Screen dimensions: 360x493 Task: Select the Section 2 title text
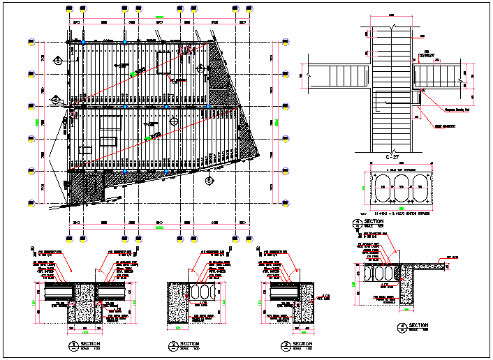[x=189, y=345]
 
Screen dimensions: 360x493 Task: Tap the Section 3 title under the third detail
[x=302, y=345]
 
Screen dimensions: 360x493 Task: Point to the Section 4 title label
[x=418, y=326]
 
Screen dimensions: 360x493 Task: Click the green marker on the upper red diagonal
[x=133, y=73]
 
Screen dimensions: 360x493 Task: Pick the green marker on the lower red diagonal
[x=148, y=139]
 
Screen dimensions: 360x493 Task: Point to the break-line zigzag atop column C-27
[x=395, y=27]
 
